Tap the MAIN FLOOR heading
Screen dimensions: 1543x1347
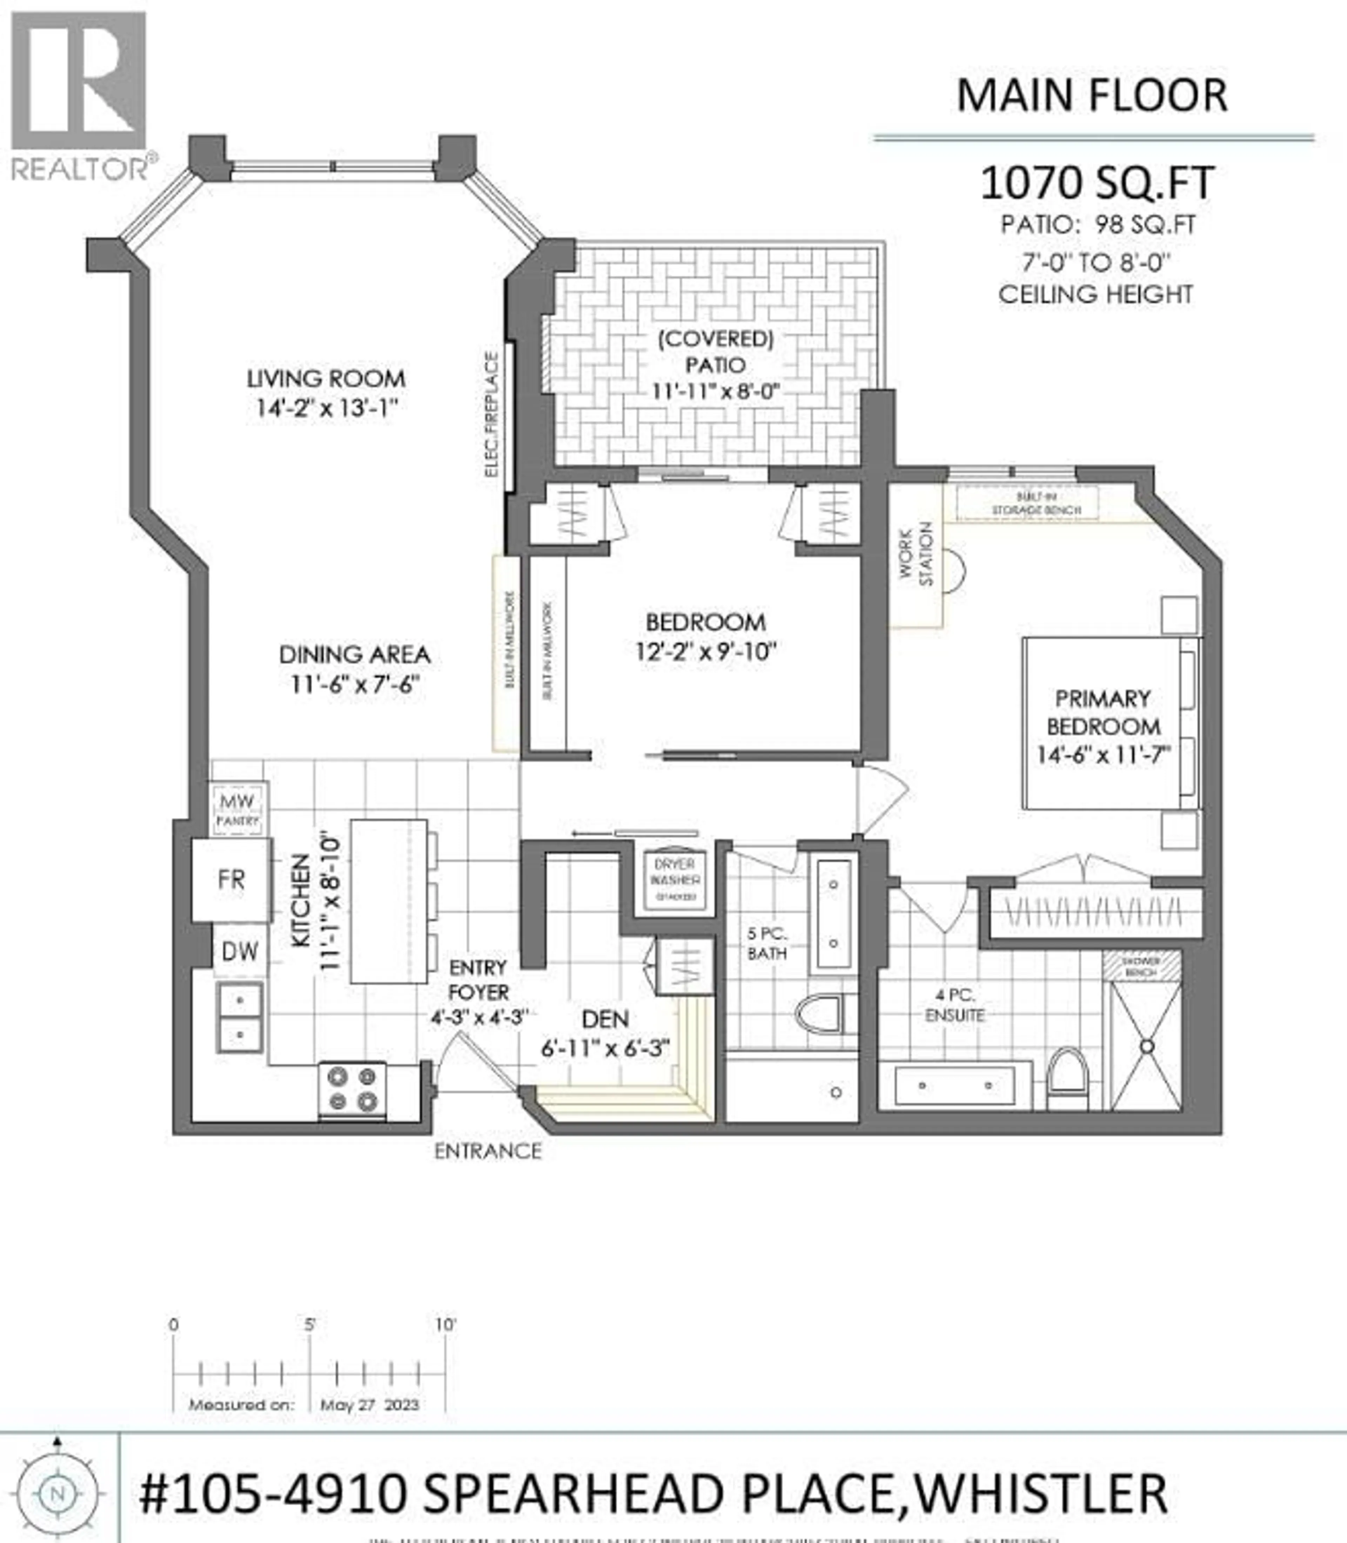pos(1091,96)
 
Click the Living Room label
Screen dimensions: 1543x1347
pos(326,378)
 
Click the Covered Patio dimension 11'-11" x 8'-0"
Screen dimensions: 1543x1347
pos(716,392)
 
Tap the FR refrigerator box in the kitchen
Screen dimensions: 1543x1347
pos(231,880)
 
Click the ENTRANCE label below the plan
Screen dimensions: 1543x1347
pos(488,1151)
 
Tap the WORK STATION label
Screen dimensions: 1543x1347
pos(916,555)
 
